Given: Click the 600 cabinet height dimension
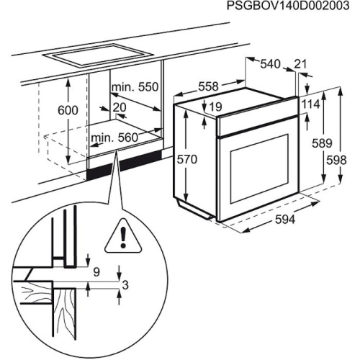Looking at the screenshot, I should coord(67,111).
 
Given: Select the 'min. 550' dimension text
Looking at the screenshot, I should coord(134,87).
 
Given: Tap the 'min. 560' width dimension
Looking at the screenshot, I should coord(114,137).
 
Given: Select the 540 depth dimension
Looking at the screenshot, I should coord(269,65).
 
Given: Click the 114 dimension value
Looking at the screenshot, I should coord(310,104).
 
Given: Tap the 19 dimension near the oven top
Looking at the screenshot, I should coord(212,107).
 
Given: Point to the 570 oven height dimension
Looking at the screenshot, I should coord(186,161).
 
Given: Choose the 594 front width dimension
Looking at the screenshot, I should coord(284,221).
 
